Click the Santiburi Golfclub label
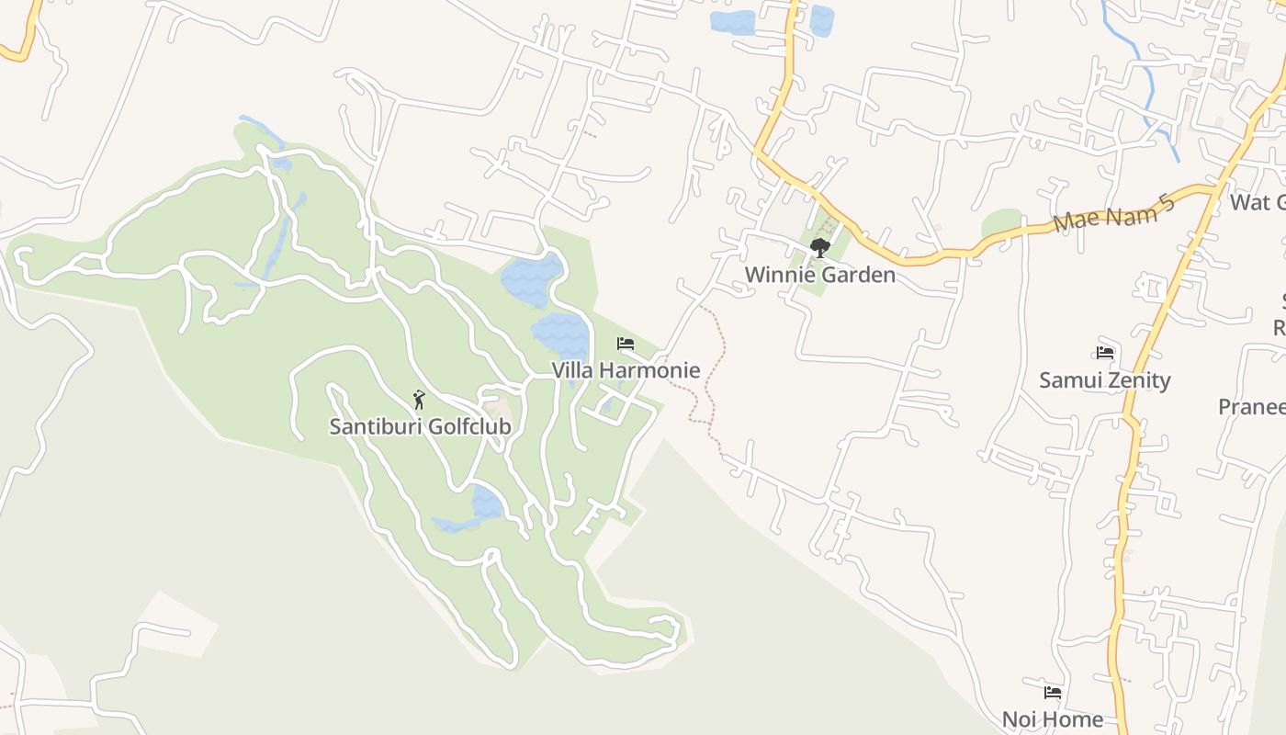click(420, 427)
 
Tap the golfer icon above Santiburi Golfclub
click(419, 400)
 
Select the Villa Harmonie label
click(626, 370)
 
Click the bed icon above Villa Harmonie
click(626, 344)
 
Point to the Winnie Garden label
click(819, 275)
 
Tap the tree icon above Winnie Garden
click(819, 247)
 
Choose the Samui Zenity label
click(1104, 380)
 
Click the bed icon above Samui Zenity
click(1105, 353)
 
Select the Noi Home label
click(1052, 719)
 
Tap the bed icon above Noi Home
click(1053, 693)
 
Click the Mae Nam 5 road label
click(1115, 213)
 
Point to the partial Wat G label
click(1258, 202)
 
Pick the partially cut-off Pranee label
click(1251, 407)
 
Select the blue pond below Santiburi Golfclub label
click(486, 504)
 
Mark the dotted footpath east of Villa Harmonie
click(708, 386)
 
